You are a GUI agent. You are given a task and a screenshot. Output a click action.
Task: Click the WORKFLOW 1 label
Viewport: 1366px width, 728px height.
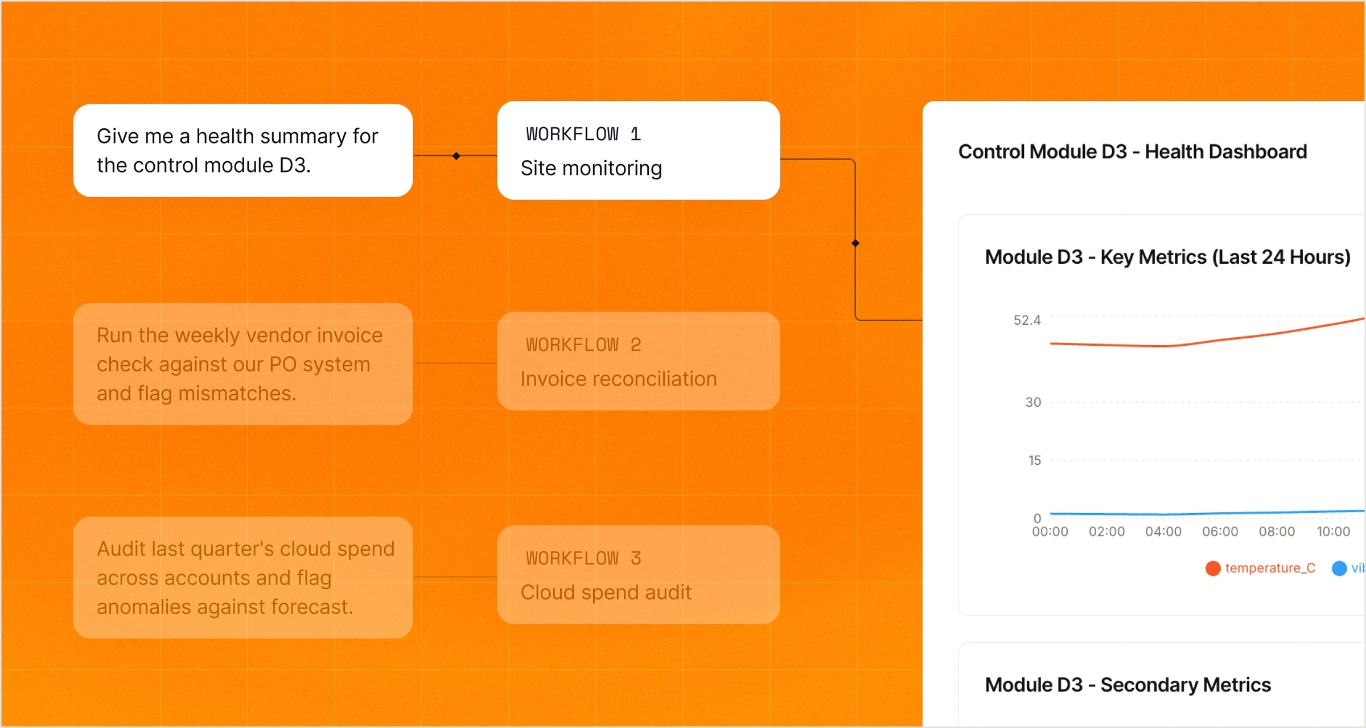[583, 134]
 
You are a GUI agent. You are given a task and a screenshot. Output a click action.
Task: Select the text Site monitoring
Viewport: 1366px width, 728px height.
[591, 169]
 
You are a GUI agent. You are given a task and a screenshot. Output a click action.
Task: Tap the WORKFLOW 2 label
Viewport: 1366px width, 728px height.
[583, 345]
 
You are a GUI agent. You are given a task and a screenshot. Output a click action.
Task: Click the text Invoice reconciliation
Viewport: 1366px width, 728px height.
[619, 379]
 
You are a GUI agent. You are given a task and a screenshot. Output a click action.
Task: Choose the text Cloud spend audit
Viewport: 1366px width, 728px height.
[606, 593]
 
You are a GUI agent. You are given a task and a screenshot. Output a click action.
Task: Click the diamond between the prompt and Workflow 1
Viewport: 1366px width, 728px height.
[456, 156]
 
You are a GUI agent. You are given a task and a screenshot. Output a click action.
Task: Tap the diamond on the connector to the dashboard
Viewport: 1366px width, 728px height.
[855, 243]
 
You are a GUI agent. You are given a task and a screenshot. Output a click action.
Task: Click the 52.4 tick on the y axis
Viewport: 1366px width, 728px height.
[1027, 320]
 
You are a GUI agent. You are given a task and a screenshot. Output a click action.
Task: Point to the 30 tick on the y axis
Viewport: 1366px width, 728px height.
[1033, 402]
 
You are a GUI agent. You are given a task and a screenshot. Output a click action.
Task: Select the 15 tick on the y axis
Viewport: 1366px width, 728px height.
[1034, 460]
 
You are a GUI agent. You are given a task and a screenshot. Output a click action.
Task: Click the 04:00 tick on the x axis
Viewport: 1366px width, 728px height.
[1163, 531]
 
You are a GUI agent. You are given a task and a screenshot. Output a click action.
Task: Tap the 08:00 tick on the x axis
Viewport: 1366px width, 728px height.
[1277, 531]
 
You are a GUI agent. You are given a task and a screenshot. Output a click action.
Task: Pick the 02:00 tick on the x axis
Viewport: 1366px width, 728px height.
[1106, 531]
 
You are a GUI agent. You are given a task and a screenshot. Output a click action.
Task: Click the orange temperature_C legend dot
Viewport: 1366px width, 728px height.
[1213, 569]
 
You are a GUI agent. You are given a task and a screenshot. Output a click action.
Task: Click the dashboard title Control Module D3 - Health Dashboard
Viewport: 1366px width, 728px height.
[1133, 152]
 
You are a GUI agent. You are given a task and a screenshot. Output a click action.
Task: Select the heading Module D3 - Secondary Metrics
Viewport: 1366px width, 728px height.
[1128, 685]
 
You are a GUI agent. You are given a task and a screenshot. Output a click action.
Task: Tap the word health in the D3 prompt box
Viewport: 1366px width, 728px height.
[225, 137]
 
